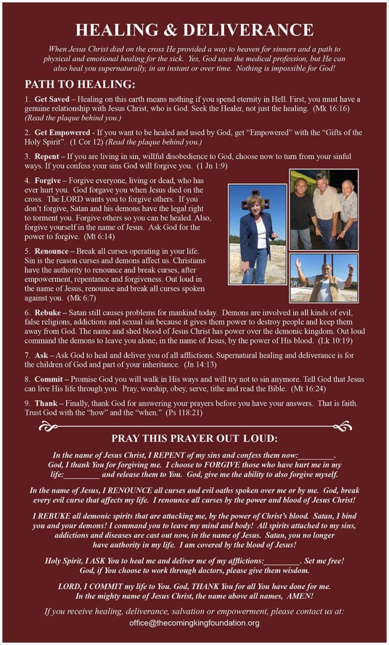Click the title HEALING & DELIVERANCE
pyautogui.click(x=194, y=30)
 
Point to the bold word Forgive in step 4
pyautogui.click(x=48, y=181)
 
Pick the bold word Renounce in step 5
pyautogui.click(x=53, y=250)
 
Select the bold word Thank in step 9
pyautogui.click(x=47, y=403)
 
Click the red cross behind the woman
pyautogui.click(x=255, y=199)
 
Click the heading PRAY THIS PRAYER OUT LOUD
pyautogui.click(x=194, y=438)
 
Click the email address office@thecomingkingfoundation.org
pyautogui.click(x=194, y=623)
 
